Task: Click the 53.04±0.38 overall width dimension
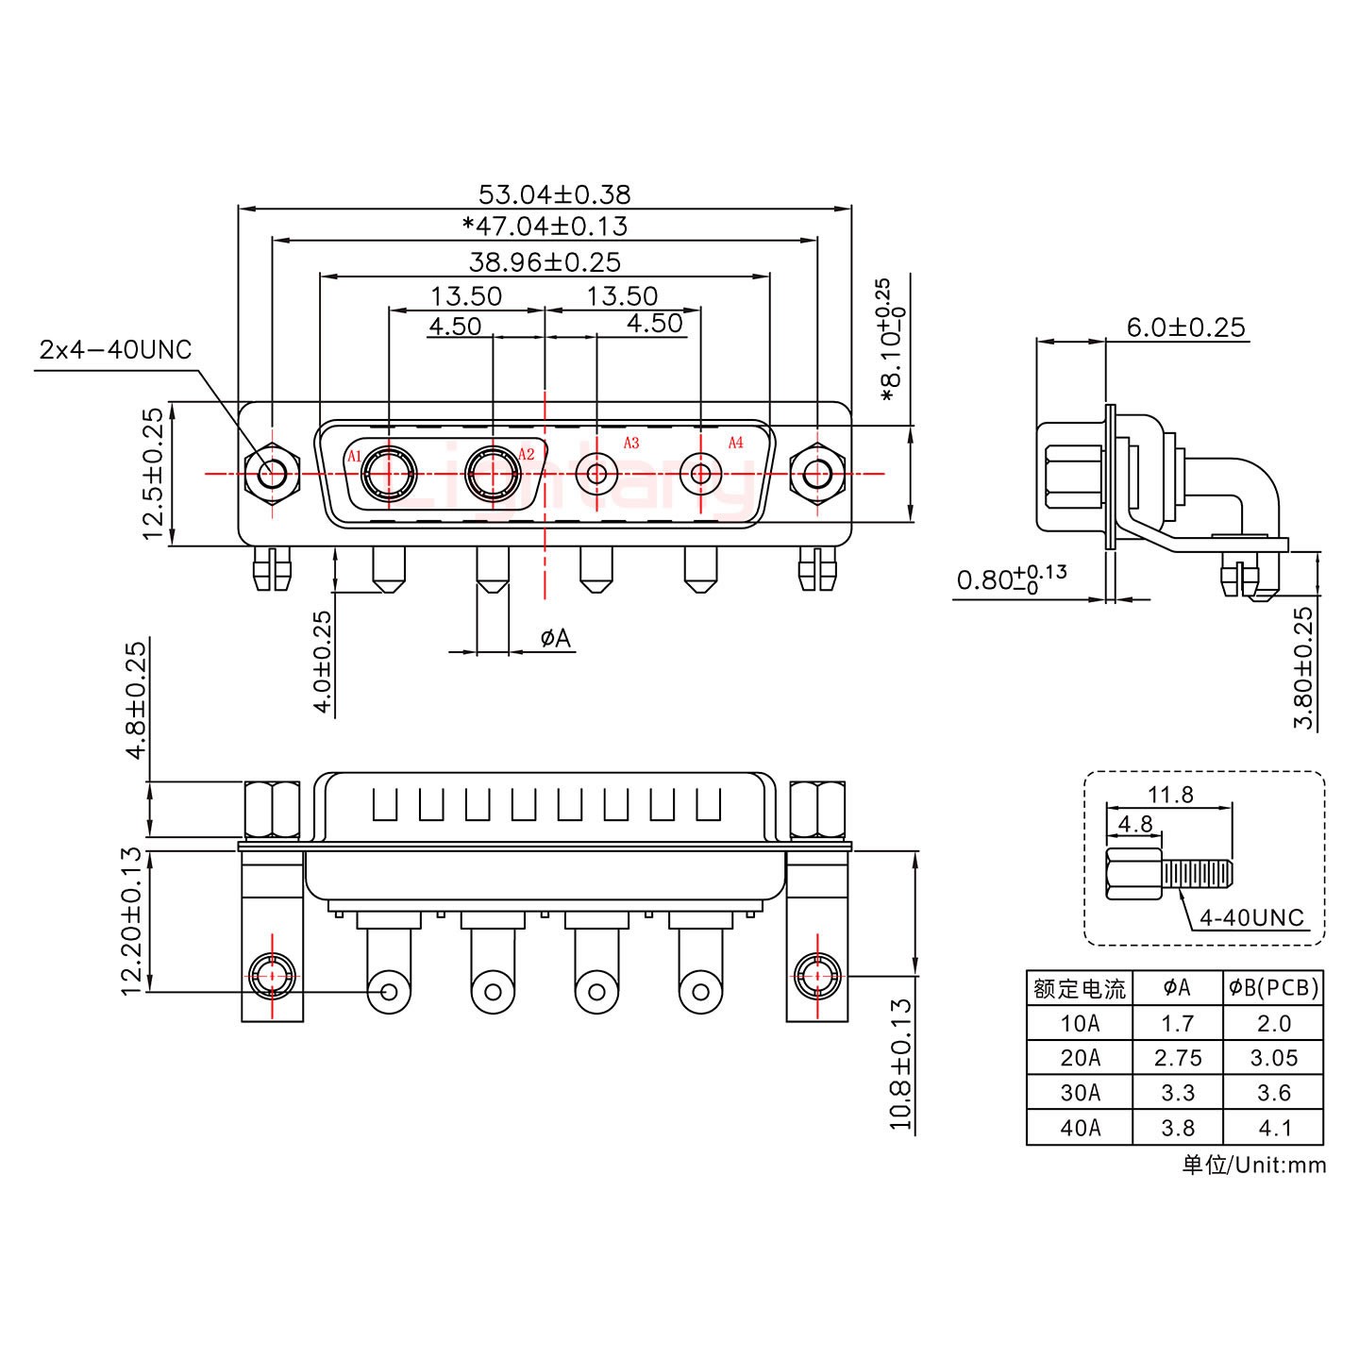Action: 554,194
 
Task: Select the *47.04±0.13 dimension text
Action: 545,226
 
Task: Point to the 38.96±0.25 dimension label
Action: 545,261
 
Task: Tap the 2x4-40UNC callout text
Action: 115,350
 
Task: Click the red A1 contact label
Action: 355,457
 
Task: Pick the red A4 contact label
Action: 735,443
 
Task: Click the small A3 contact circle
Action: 596,472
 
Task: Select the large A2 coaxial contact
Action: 493,472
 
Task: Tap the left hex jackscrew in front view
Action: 272,472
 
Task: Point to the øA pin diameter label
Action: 555,639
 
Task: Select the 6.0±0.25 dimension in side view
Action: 1185,327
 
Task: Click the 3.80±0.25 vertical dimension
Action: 1303,667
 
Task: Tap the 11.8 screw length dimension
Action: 1170,795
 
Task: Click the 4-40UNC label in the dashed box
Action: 1251,917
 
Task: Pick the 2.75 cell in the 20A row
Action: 1177,1058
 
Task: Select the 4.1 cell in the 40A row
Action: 1274,1128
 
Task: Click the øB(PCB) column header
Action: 1273,988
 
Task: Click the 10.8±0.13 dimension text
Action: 902,1065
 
